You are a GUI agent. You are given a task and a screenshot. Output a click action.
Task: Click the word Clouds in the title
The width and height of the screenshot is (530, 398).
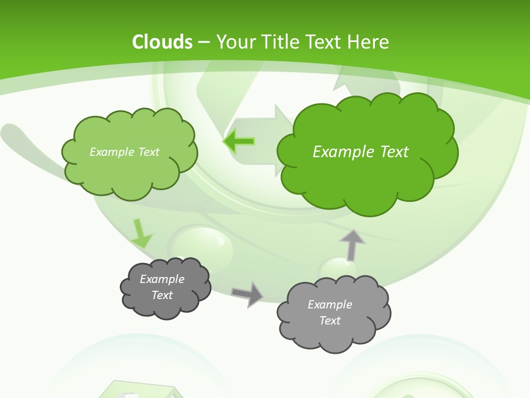pyautogui.click(x=162, y=42)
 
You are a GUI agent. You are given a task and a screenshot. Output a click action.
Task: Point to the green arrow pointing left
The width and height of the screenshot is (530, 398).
pyautogui.click(x=239, y=142)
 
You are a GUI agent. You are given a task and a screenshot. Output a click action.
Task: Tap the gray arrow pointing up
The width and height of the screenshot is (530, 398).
pyautogui.click(x=352, y=245)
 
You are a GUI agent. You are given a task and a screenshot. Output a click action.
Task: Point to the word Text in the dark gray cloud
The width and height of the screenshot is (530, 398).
pyautogui.click(x=162, y=295)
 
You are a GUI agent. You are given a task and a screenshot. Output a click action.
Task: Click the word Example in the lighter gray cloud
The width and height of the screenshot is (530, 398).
pyautogui.click(x=330, y=305)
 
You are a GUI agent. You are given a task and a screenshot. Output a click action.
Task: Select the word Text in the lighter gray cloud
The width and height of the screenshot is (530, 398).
pyautogui.click(x=330, y=321)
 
